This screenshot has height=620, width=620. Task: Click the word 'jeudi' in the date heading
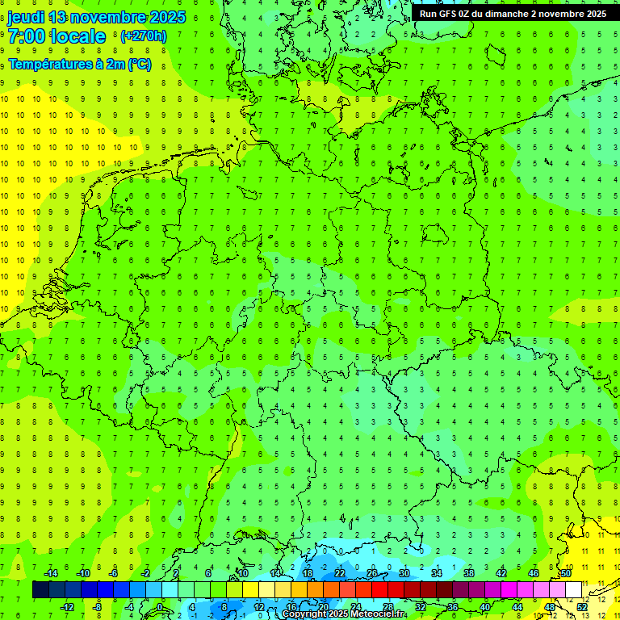(26, 17)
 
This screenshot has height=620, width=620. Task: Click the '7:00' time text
(25, 36)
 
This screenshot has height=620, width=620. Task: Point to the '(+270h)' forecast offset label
(144, 36)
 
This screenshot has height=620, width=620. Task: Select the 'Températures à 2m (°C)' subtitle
(79, 65)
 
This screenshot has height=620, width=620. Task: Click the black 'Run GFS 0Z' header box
(514, 14)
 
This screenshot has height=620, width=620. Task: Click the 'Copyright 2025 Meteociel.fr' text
(344, 614)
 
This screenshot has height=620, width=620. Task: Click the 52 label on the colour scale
(582, 607)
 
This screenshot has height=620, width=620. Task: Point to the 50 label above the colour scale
(566, 573)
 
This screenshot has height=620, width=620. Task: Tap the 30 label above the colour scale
(404, 573)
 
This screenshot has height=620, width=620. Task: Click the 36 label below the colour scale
(453, 607)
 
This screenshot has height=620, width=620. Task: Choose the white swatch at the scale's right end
(574, 590)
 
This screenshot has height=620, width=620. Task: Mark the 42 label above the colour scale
(501, 573)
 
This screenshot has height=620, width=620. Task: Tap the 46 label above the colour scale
(534, 573)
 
